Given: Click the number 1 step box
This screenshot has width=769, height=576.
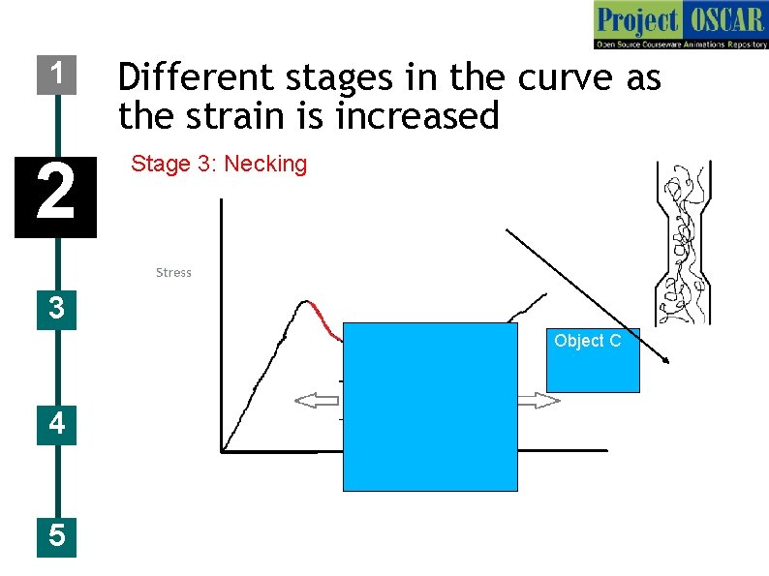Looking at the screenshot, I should click(x=56, y=74).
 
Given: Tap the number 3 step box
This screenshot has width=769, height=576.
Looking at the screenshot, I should click(x=56, y=309).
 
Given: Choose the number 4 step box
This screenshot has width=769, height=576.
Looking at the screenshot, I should click(x=56, y=424).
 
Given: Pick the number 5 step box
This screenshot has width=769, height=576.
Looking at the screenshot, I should click(x=56, y=535).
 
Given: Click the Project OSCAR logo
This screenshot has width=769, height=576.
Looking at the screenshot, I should click(x=680, y=25).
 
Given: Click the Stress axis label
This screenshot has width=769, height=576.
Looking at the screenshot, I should click(x=173, y=273).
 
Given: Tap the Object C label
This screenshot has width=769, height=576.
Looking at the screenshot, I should click(x=587, y=341).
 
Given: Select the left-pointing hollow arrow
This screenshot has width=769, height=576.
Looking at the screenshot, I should click(x=319, y=401).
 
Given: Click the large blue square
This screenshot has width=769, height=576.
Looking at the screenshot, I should click(x=430, y=407).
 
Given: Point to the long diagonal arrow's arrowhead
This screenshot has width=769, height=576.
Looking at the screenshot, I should click(x=666, y=361).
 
